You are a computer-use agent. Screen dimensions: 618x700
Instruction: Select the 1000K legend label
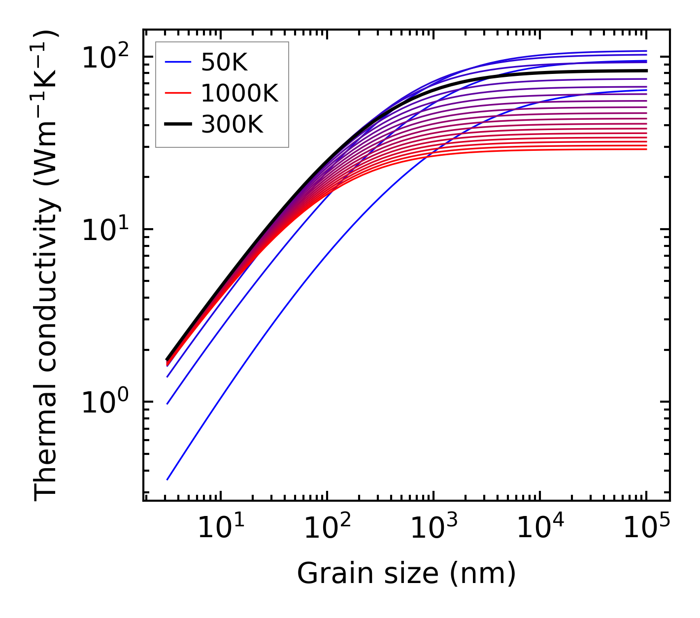[239, 93]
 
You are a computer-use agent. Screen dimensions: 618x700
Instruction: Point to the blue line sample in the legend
[178, 62]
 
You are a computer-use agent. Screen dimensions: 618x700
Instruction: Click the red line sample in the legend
[178, 93]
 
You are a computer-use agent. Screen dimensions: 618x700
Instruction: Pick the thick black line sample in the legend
[178, 124]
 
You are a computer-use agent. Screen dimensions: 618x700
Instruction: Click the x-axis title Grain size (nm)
[406, 574]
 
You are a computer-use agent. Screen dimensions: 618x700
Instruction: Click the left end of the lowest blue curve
[167, 479]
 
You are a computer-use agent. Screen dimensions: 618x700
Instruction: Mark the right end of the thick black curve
[646, 70]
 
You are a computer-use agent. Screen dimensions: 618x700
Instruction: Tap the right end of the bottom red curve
[646, 149]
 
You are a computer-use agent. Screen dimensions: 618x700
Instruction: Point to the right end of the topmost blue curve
[646, 51]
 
